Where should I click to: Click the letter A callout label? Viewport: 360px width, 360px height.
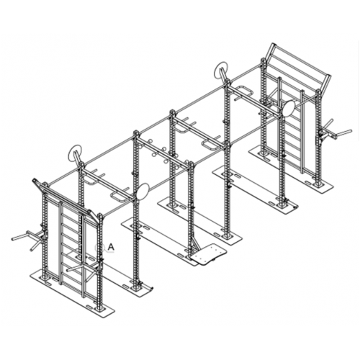110,246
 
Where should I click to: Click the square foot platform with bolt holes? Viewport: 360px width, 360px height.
208,254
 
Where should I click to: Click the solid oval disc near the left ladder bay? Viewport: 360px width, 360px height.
143,192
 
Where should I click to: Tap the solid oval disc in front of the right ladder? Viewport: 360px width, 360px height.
289,107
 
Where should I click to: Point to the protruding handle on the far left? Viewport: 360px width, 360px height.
27,237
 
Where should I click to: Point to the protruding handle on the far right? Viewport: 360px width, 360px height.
336,132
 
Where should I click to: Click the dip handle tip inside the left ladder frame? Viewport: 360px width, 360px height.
68,271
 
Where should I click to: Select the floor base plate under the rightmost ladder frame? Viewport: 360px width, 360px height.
290,168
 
